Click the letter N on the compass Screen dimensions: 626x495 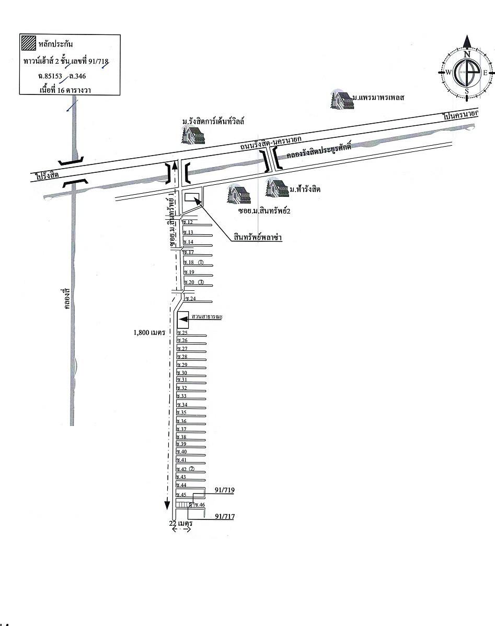click(x=467, y=54)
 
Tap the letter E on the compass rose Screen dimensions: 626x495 click(x=485, y=73)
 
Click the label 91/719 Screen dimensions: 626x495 click(x=224, y=491)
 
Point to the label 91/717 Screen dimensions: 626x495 click(x=224, y=517)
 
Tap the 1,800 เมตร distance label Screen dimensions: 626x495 click(x=150, y=332)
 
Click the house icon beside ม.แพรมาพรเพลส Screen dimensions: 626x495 click(x=340, y=99)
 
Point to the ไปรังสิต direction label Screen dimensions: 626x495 click(x=44, y=173)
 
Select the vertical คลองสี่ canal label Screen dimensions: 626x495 click(x=66, y=298)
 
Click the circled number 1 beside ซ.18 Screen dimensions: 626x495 click(x=201, y=262)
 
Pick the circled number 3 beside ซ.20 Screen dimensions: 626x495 click(x=201, y=282)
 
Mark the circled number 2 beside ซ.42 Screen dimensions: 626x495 click(x=192, y=469)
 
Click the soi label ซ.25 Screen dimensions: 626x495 click(x=182, y=333)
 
